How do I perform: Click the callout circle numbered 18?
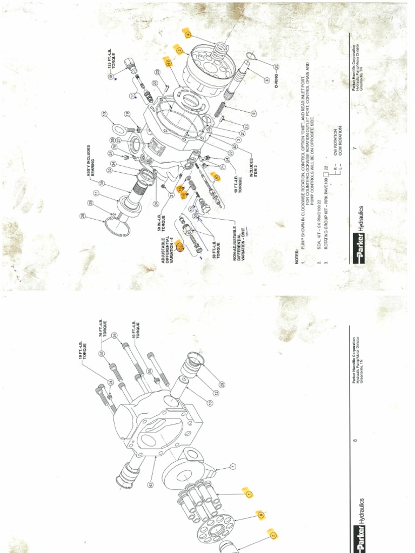click(x=110, y=77)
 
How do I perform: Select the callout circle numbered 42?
click(x=150, y=484)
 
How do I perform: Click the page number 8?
click(x=354, y=441)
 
